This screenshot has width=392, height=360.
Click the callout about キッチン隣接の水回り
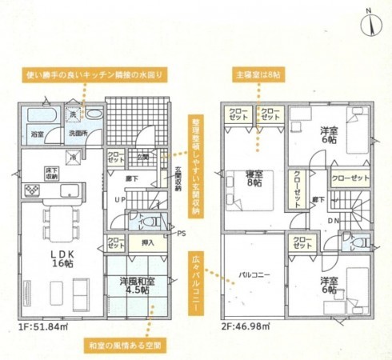point(98,73)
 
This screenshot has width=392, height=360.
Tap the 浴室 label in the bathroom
point(37,136)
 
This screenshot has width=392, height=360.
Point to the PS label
point(181,234)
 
